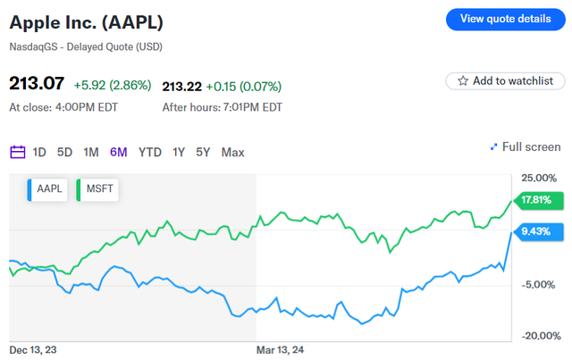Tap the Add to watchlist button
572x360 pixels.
[505, 80]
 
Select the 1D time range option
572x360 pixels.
[39, 152]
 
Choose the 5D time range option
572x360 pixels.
[64, 152]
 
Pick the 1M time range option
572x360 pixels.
[90, 152]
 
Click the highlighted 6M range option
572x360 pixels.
[118, 152]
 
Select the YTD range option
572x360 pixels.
[150, 152]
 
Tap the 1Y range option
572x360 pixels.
[179, 152]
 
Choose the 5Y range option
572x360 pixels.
[204, 152]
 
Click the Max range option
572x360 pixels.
[232, 152]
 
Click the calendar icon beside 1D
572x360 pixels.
[17, 152]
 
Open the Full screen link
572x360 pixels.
[526, 147]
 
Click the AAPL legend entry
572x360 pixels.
[48, 188]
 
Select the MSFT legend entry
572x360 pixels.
[99, 188]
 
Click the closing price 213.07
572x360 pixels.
[36, 85]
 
